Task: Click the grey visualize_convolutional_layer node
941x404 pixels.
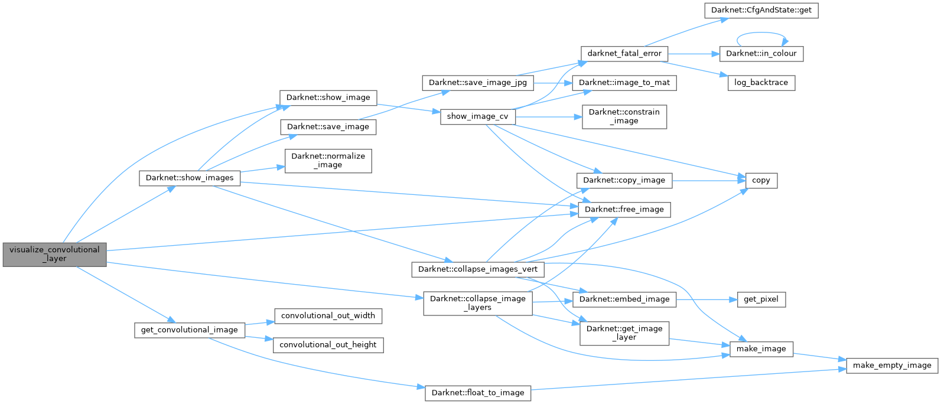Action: [54, 254]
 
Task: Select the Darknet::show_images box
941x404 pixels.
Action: [190, 178]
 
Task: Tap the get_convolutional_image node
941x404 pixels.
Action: [189, 330]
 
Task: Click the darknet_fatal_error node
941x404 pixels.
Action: [624, 53]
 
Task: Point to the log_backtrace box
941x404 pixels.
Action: [761, 82]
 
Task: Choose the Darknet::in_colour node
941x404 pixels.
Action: [761, 53]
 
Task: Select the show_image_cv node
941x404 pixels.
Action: [477, 116]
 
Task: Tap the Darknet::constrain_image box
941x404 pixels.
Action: [624, 116]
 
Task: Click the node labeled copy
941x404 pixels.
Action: [761, 180]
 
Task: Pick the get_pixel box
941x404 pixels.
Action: [761, 299]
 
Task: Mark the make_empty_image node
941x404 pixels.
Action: [892, 365]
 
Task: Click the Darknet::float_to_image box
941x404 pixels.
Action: [478, 393]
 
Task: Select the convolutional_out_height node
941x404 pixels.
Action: [328, 344]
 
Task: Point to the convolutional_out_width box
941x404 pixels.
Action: [328, 315]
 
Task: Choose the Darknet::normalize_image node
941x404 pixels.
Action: [328, 161]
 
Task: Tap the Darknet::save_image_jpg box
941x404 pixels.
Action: [477, 83]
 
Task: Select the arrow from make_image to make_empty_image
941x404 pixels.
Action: [820, 357]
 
